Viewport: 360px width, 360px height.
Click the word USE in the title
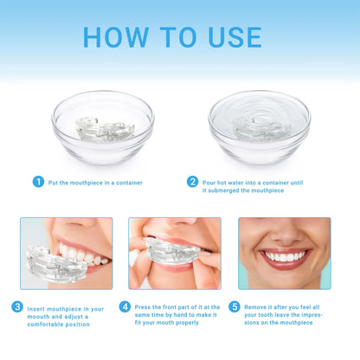[x=227, y=37]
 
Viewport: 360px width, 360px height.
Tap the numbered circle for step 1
[x=38, y=182]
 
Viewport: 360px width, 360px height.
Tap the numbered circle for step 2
[x=193, y=182]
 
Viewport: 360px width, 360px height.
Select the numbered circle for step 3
[x=17, y=306]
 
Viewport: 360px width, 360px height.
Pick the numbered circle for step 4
[x=125, y=306]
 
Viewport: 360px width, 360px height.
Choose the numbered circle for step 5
[x=235, y=306]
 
